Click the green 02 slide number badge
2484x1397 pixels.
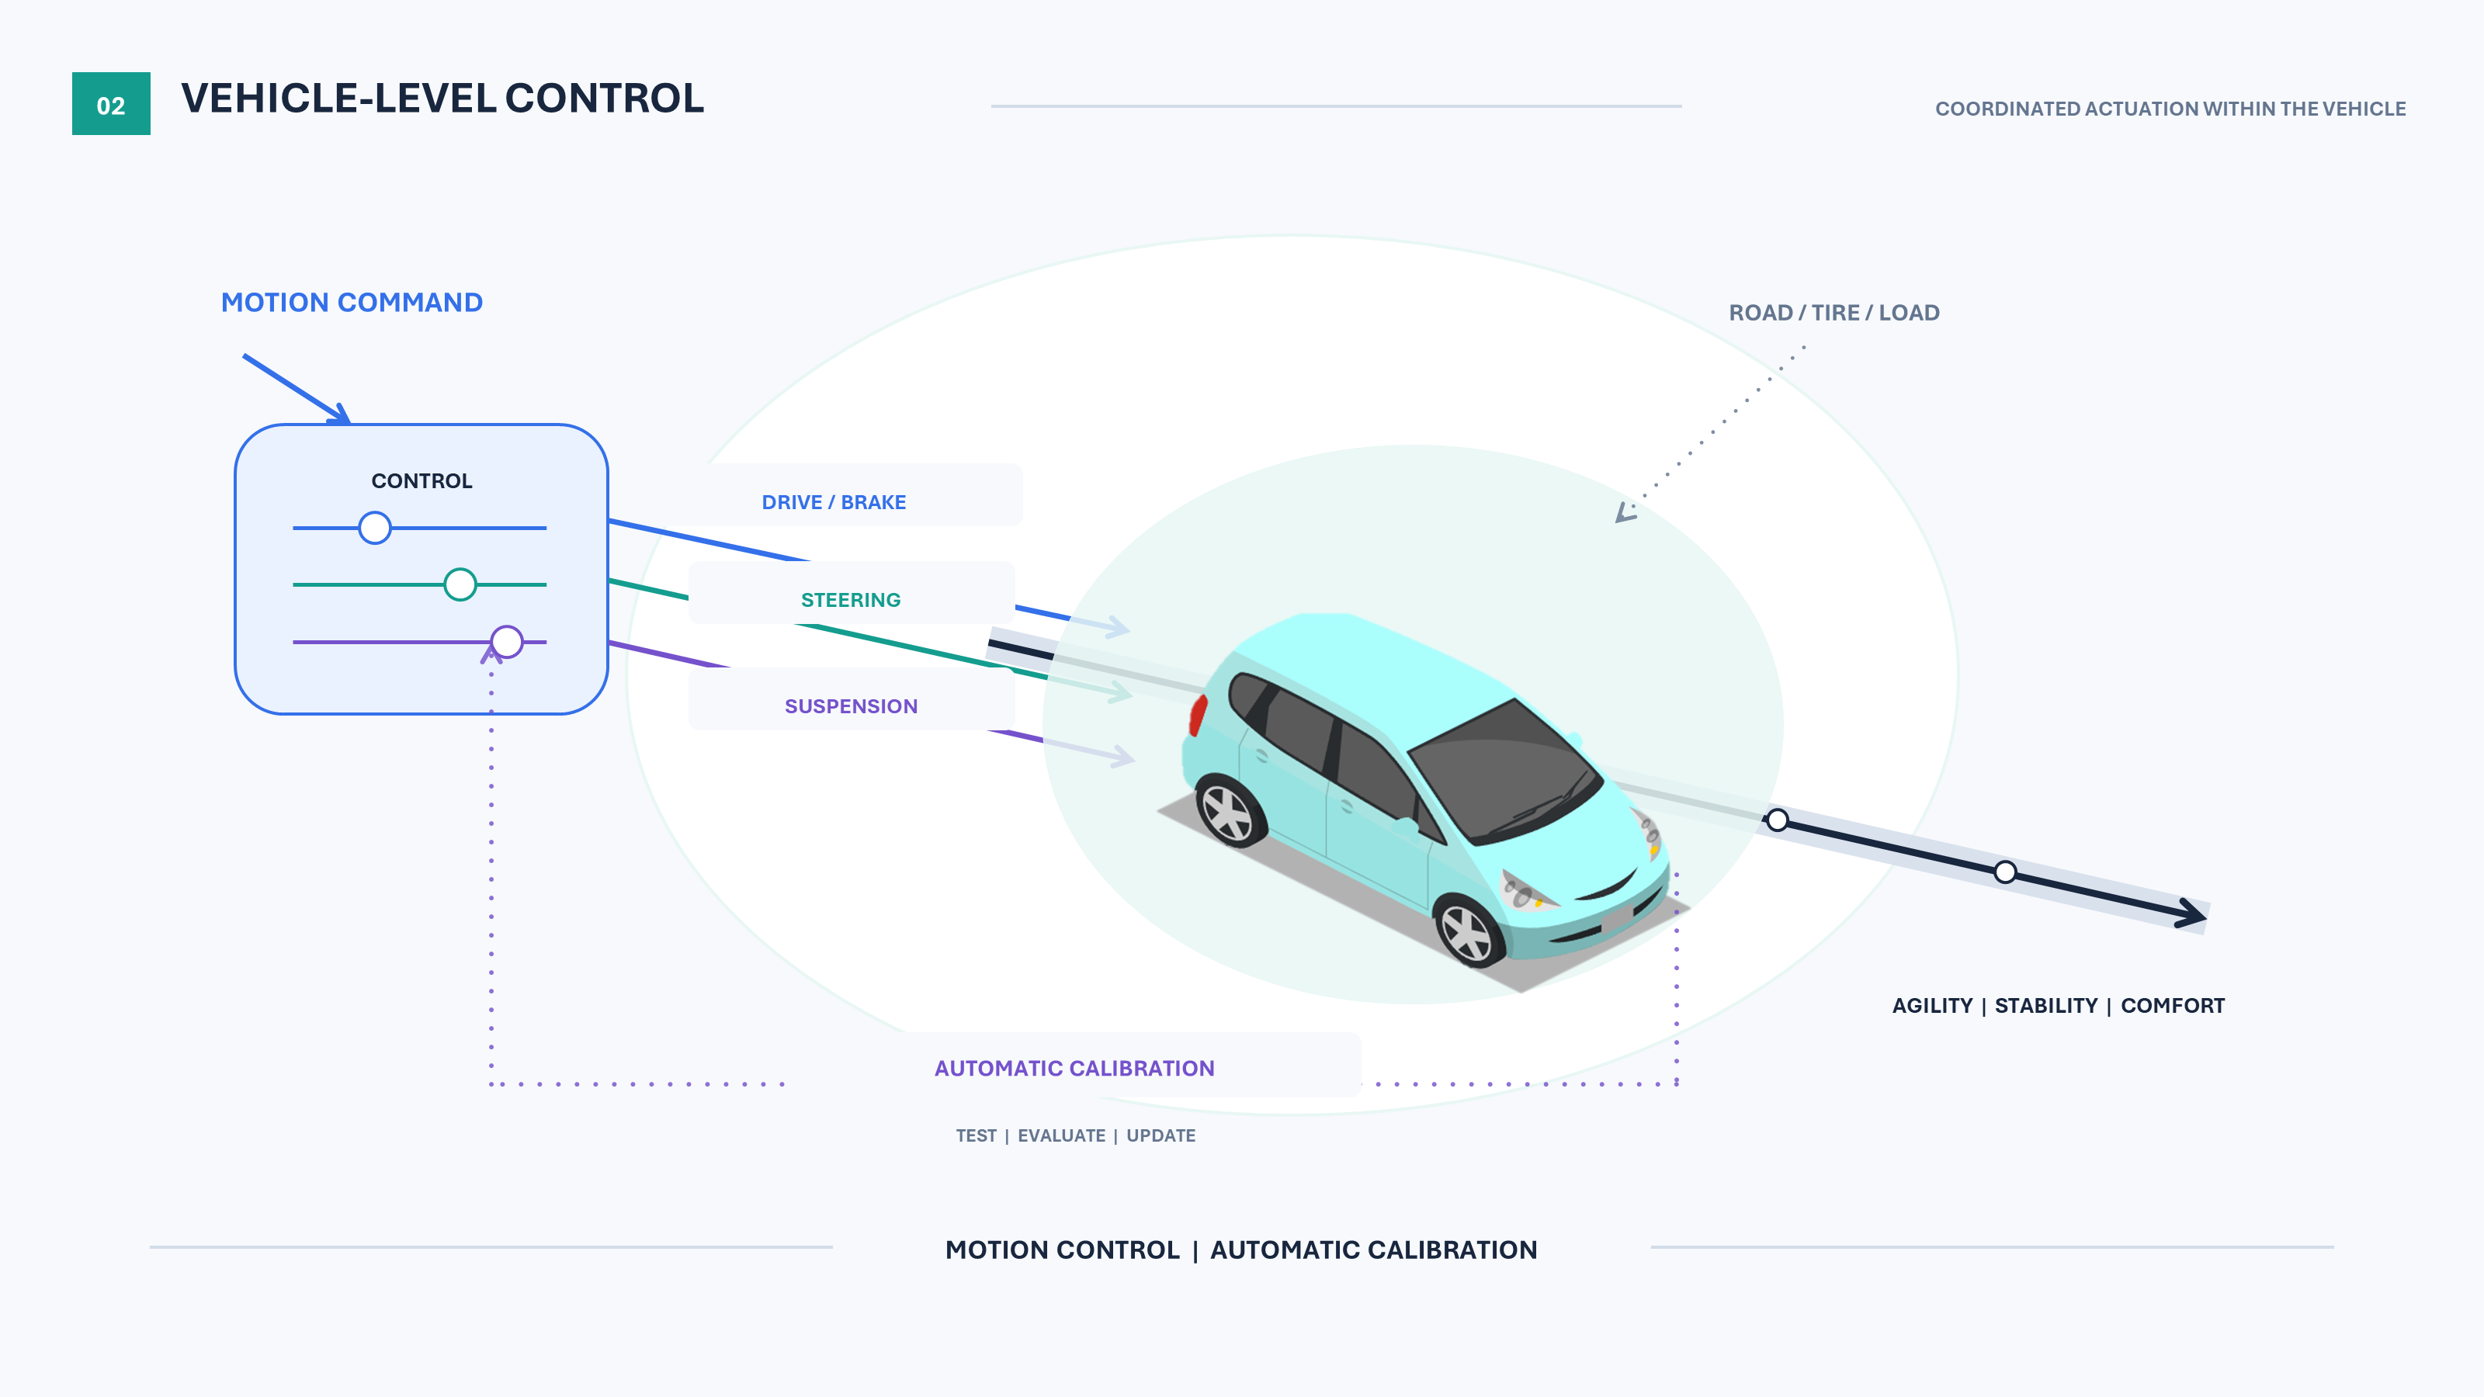pyautogui.click(x=111, y=103)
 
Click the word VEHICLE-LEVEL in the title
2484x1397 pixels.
pyautogui.click(x=338, y=99)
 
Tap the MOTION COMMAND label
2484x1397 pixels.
pyautogui.click(x=352, y=303)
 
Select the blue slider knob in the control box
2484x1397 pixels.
pyautogui.click(x=375, y=528)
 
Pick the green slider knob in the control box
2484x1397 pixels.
pyautogui.click(x=460, y=584)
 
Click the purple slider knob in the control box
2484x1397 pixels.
pyautogui.click(x=507, y=641)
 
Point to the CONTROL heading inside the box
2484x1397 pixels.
pyautogui.click(x=422, y=481)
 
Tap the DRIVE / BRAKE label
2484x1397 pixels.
pyautogui.click(x=834, y=502)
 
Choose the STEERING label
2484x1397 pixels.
pyautogui.click(x=851, y=600)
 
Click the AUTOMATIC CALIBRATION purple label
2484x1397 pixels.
pyautogui.click(x=1074, y=1068)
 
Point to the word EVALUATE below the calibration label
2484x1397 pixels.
pyautogui.click(x=1062, y=1135)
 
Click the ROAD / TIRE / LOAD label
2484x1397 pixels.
pyautogui.click(x=1834, y=312)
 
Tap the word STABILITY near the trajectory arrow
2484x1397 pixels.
pyautogui.click(x=2046, y=1006)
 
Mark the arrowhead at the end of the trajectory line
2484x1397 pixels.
pyautogui.click(x=2193, y=912)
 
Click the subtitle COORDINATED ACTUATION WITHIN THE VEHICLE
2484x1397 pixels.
pyautogui.click(x=2170, y=109)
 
